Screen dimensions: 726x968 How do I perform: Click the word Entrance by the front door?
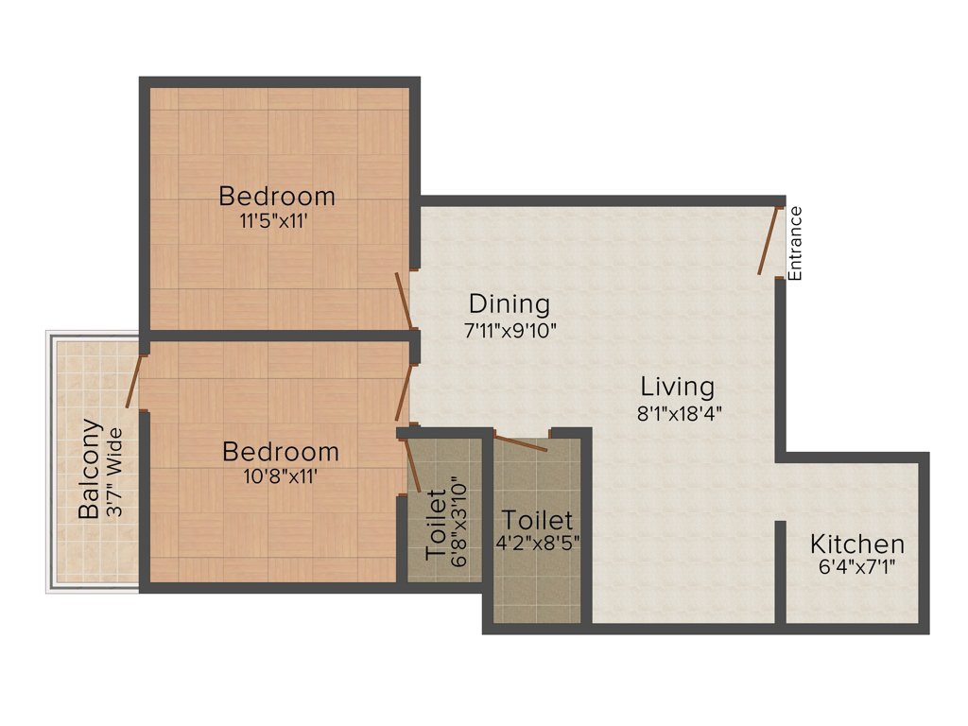click(795, 243)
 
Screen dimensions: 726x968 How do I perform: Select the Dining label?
click(510, 304)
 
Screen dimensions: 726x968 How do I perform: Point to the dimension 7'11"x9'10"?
click(510, 331)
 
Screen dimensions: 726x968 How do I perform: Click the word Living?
click(677, 387)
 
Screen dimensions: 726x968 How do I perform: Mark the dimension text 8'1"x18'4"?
click(677, 412)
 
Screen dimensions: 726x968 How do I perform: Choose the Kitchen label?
click(857, 544)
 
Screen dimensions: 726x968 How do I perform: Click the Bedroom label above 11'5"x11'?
click(277, 197)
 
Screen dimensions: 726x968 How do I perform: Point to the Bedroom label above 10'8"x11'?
click(280, 452)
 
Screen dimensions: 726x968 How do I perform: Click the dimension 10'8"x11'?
click(280, 476)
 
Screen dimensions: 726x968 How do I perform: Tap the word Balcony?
click(90, 469)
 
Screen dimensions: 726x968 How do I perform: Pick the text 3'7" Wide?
click(115, 469)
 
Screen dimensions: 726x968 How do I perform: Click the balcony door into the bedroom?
click(135, 381)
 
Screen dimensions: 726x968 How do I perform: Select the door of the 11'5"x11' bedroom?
click(404, 302)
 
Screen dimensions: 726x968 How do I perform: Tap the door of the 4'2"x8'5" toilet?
click(521, 442)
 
